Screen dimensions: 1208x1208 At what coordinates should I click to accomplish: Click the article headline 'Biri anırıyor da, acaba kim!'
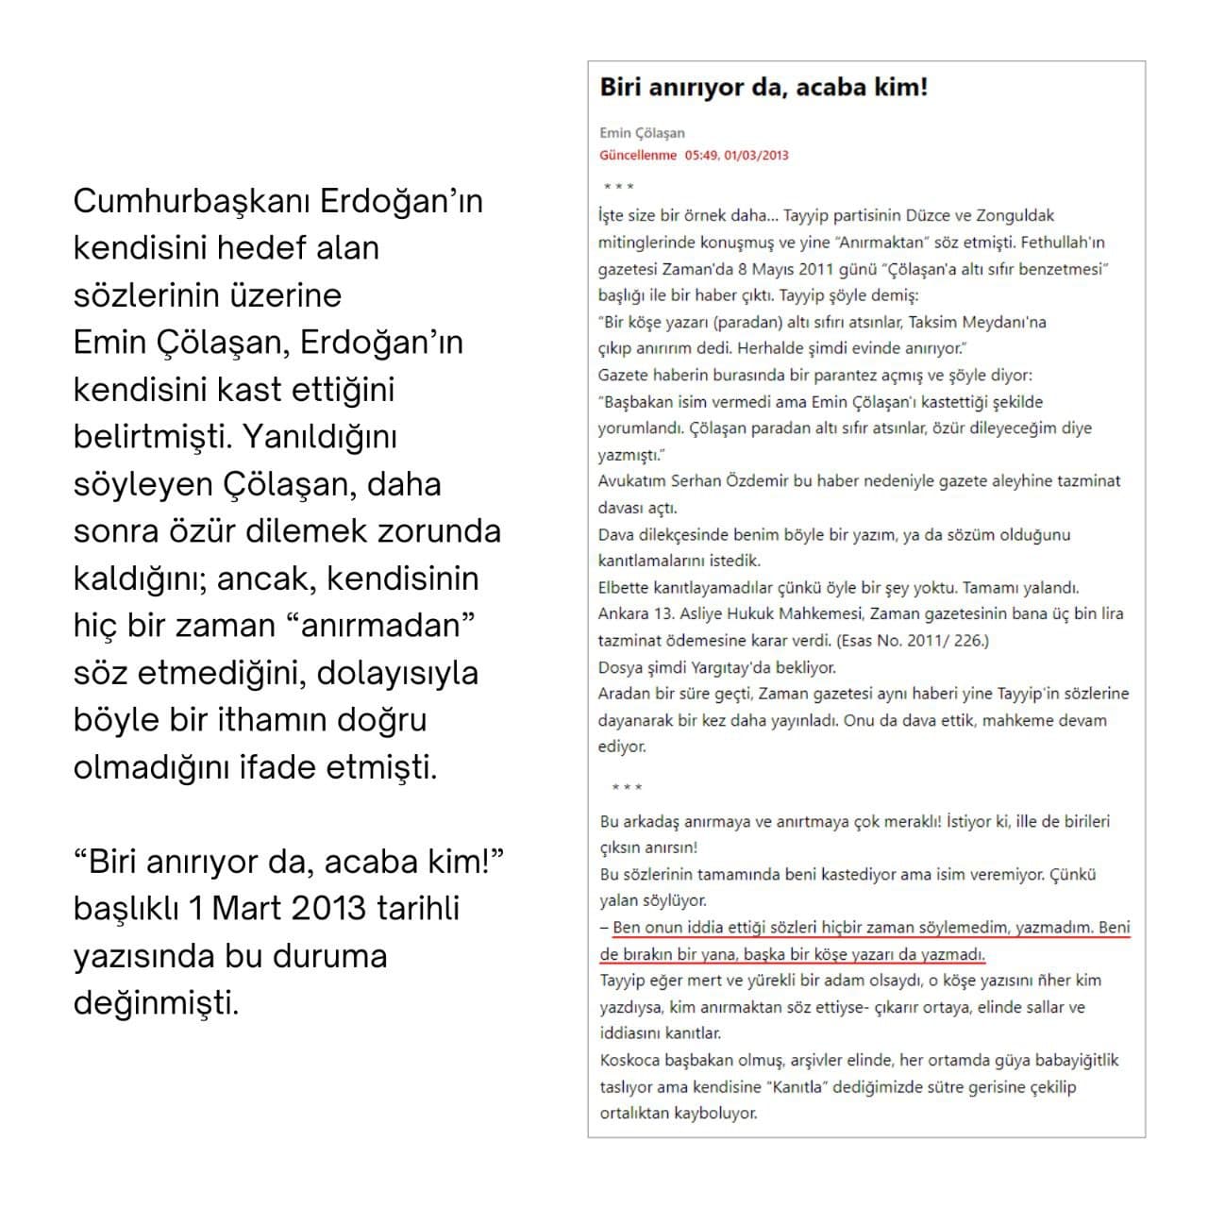[x=763, y=87]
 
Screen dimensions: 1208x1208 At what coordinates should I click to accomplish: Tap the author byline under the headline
[x=642, y=133]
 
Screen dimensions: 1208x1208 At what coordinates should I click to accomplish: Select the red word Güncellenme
[x=638, y=155]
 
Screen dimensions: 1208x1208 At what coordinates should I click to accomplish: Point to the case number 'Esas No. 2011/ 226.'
[x=913, y=640]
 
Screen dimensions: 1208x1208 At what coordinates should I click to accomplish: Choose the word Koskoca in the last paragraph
[x=629, y=1060]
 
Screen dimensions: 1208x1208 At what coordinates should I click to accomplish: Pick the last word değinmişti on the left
[x=156, y=1002]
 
